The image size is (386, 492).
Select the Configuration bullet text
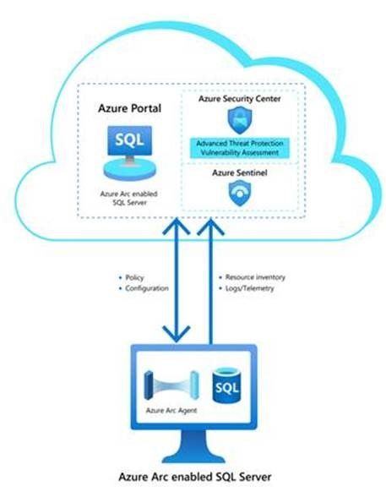click(145, 287)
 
